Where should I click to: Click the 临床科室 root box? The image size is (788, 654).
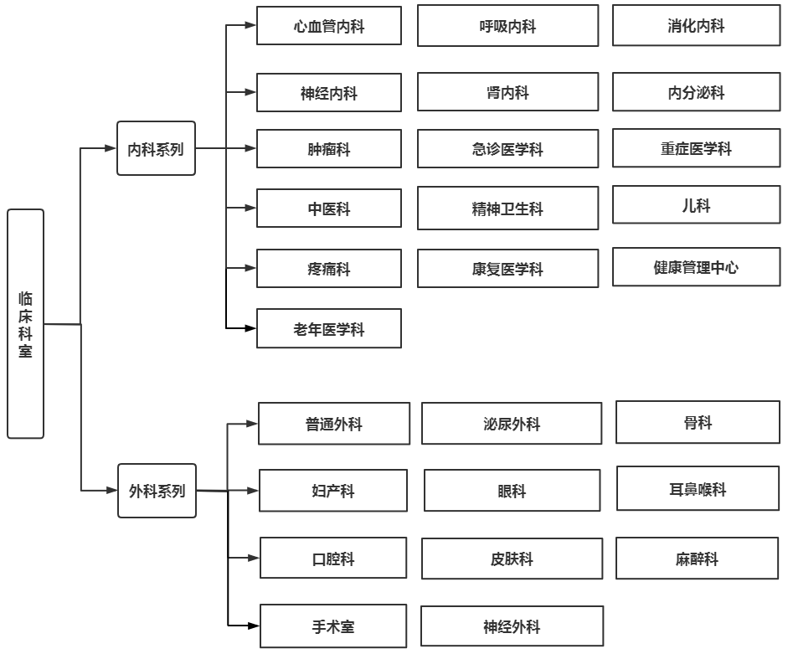26,324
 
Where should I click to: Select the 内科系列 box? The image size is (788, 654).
156,148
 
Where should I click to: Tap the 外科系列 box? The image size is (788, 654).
157,491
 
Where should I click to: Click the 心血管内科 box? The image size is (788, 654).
329,26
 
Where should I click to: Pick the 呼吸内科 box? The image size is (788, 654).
508,26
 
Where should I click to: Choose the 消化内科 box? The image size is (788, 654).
697,25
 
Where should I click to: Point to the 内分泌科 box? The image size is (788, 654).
697,92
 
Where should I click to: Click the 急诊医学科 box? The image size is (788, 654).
508,149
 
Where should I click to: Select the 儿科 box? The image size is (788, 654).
697,205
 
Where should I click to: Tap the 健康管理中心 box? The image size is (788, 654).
697,267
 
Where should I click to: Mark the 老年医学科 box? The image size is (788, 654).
329,328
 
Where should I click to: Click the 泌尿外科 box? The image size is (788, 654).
512,423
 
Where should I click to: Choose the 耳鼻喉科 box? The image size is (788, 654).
698,488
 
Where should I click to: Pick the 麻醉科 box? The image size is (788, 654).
697,558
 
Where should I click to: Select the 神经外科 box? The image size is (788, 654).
512,626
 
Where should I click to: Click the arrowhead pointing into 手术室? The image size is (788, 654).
254,626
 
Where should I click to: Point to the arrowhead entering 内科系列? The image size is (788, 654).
111,148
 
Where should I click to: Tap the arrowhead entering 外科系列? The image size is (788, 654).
111,490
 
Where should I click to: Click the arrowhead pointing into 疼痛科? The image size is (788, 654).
250,268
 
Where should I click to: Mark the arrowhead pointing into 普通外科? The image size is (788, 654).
252,424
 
